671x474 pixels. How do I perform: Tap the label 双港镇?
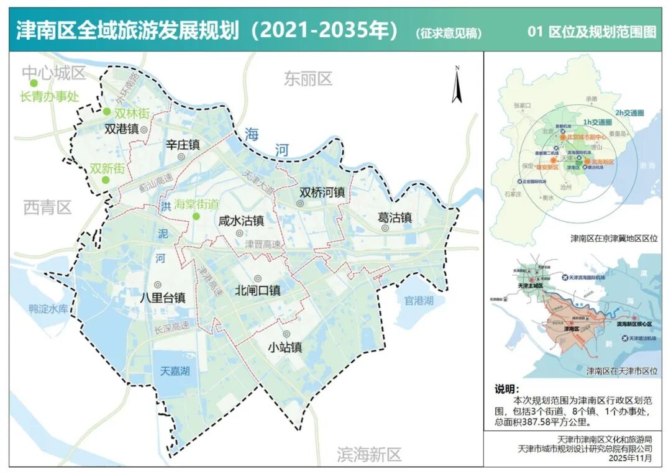pos(120,130)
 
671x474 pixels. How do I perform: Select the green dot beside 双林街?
pos(107,112)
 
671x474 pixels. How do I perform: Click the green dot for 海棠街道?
pos(196,216)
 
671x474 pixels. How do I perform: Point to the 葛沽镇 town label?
pos(395,217)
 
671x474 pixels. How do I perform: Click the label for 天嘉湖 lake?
pos(175,371)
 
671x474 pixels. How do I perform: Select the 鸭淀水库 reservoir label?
pos(52,309)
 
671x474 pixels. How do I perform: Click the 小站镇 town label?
pos(285,347)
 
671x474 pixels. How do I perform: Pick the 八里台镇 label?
pos(163,297)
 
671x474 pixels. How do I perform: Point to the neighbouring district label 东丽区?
pos(308,79)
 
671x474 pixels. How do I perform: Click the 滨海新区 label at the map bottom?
pos(369,454)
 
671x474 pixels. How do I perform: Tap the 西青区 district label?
pos(48,207)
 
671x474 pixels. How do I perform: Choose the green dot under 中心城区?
pos(34,83)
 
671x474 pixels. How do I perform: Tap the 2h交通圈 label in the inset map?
pos(629,113)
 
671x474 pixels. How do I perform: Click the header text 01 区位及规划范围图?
pos(591,32)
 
